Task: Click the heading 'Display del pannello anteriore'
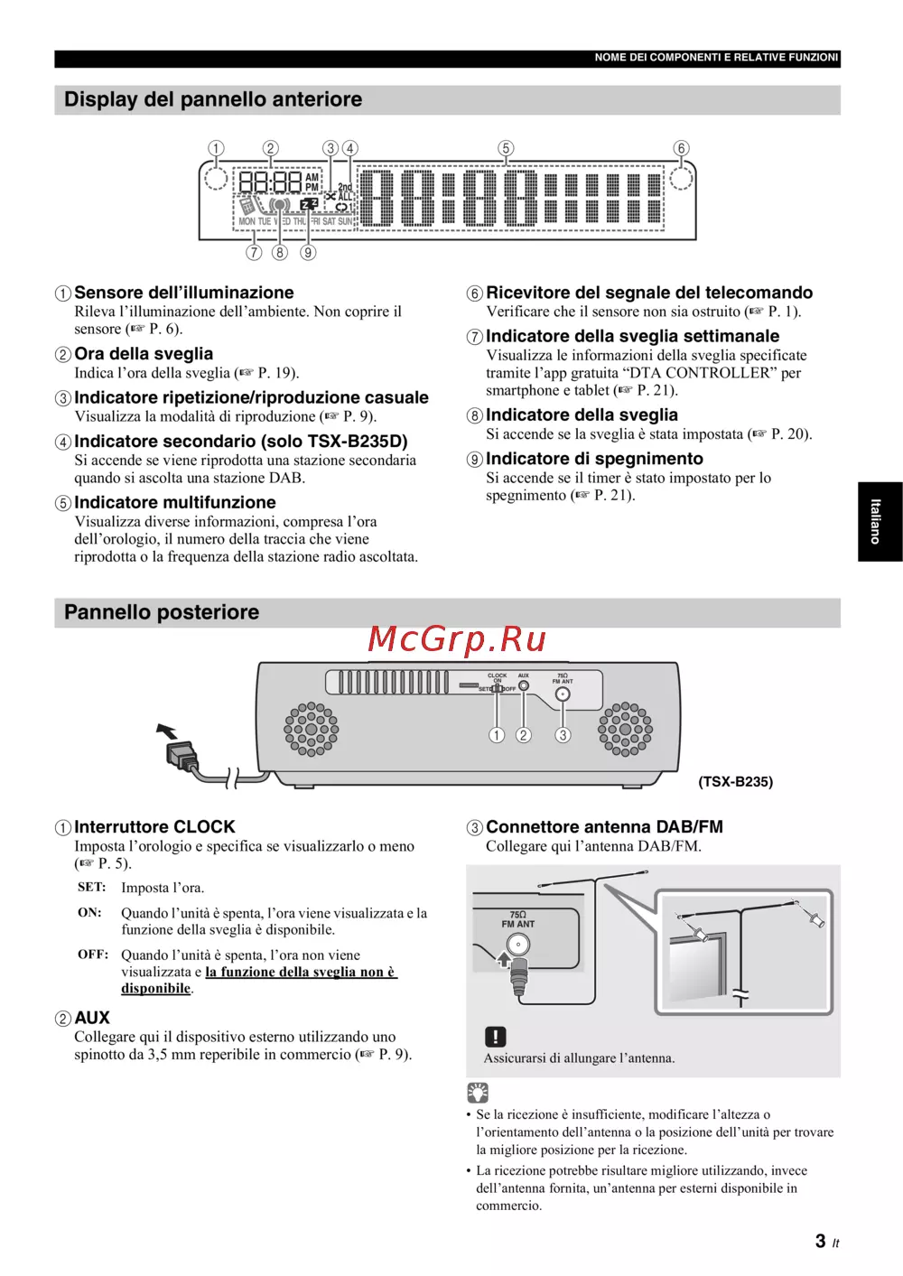coord(213,99)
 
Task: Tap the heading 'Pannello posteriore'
coord(162,612)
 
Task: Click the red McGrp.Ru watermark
coord(457,639)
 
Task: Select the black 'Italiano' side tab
coord(879,521)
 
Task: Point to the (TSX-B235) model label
coord(735,782)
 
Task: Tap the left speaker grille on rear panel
coord(312,729)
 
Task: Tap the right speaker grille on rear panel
coord(625,729)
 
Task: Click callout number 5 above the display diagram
coord(506,148)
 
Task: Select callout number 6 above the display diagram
coord(681,148)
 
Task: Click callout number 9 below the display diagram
coord(308,253)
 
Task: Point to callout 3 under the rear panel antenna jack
coord(563,735)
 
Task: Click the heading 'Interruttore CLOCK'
coord(154,827)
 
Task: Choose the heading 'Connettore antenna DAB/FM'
coord(604,827)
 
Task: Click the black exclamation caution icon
coord(496,1037)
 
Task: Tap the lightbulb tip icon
coord(478,1093)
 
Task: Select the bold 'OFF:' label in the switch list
coord(93,955)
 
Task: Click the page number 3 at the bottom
coord(820,1242)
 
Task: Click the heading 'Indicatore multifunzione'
coord(175,503)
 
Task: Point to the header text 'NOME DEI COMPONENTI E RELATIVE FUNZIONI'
coord(716,58)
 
